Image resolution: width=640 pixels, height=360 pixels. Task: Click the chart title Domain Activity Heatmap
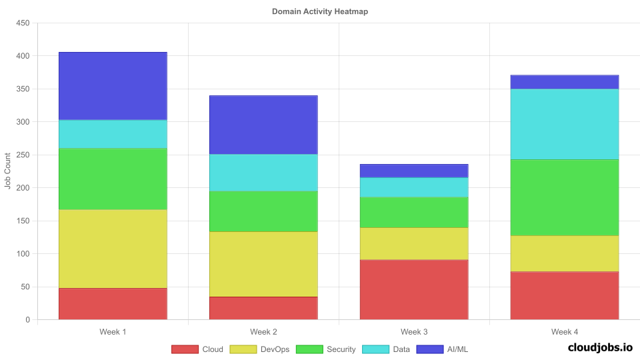click(319, 12)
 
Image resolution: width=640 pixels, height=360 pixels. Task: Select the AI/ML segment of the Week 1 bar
click(113, 86)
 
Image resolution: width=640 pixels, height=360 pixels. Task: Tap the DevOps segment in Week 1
click(113, 249)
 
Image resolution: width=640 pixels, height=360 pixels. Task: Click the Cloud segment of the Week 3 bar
click(414, 289)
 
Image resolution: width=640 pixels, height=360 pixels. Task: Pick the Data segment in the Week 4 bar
click(565, 124)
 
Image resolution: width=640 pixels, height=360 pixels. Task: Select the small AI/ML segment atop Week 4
click(565, 82)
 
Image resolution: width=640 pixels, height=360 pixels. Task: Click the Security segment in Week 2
click(263, 211)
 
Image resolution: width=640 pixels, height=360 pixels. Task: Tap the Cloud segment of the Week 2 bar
click(263, 308)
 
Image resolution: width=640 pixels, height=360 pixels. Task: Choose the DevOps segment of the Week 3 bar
click(414, 243)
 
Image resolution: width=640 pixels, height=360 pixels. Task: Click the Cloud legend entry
click(197, 349)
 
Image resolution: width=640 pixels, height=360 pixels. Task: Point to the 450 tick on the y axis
click(23, 23)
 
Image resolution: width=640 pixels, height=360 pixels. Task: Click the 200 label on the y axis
click(23, 188)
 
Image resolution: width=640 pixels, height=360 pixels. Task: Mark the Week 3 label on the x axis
click(414, 331)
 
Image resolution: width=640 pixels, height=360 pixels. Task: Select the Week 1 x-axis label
click(113, 331)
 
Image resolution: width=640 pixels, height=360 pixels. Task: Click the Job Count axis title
click(8, 171)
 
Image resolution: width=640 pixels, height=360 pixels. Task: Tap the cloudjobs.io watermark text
click(599, 347)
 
